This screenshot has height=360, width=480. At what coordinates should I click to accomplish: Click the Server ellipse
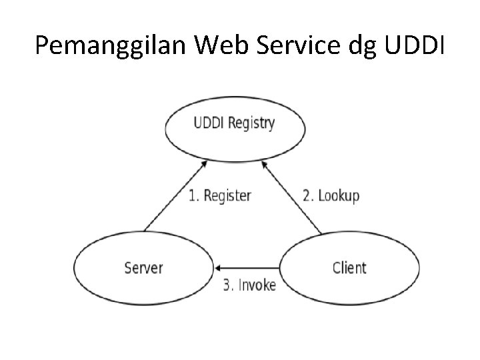(x=143, y=268)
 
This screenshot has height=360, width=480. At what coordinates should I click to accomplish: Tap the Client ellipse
(x=349, y=268)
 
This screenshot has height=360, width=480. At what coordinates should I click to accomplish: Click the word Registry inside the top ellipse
(x=252, y=124)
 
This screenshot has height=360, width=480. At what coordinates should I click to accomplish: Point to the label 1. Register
(x=219, y=196)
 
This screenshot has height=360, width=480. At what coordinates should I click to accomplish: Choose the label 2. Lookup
(x=331, y=196)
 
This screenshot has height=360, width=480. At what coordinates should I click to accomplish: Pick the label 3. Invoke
(x=249, y=285)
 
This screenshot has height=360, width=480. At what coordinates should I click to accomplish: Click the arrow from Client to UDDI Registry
(x=294, y=198)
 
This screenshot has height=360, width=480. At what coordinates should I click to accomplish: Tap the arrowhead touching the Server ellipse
(x=216, y=268)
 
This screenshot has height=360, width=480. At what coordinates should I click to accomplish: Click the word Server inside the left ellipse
(x=143, y=268)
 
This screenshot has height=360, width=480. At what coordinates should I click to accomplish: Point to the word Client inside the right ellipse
(x=349, y=268)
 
